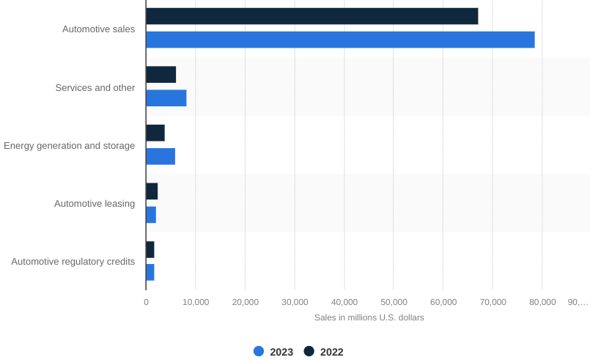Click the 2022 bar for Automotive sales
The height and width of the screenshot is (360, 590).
(312, 16)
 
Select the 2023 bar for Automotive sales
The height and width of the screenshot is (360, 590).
(341, 40)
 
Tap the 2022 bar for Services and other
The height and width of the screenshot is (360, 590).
(161, 75)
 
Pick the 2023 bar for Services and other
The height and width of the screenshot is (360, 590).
(166, 98)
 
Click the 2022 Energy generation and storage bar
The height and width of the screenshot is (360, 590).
(155, 133)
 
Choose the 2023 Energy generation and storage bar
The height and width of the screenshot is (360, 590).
(161, 156)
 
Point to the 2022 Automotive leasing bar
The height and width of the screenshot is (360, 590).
(152, 191)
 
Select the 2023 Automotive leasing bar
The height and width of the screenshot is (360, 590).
(151, 215)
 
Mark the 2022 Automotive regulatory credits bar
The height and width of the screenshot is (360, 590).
(150, 250)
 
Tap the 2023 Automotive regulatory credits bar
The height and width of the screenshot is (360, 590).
(150, 272)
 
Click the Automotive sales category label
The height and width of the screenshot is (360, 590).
(99, 29)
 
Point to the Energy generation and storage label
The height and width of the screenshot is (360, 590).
(69, 146)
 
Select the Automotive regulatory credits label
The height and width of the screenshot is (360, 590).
(73, 262)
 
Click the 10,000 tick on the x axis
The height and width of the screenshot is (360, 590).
(196, 302)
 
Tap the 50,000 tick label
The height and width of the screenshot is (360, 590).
(394, 302)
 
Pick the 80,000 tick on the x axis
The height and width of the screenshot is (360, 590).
(542, 302)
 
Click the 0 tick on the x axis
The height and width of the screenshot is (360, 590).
(146, 302)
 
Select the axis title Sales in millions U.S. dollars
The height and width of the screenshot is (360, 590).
(369, 317)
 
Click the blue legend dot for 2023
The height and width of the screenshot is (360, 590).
(259, 351)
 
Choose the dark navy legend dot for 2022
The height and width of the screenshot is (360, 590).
(309, 351)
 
